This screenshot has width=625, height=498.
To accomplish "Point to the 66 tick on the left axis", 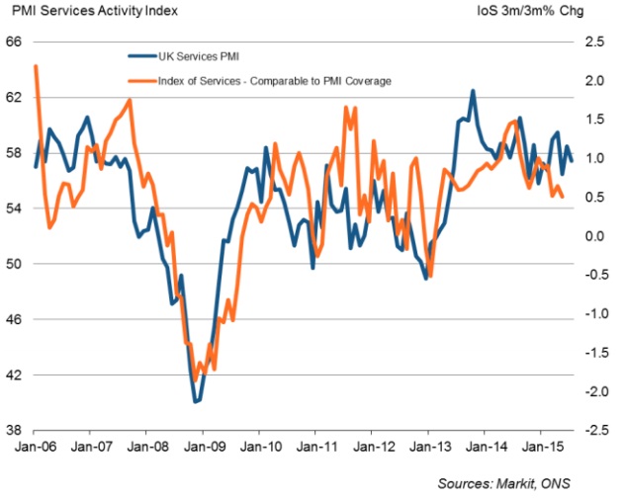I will [x=14, y=42].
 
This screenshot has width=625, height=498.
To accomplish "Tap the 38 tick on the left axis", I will [x=14, y=431].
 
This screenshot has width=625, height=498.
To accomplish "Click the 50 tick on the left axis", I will [x=14, y=265].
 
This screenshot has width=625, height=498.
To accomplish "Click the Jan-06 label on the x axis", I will [x=35, y=447].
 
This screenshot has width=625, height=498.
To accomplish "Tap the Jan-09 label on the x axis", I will [x=203, y=447].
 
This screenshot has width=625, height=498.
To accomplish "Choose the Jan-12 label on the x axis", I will [x=372, y=447].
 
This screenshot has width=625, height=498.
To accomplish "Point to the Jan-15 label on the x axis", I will [x=541, y=447].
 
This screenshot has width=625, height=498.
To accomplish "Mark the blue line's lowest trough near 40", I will [x=196, y=401].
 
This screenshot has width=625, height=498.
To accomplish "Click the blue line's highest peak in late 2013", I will [x=473, y=91].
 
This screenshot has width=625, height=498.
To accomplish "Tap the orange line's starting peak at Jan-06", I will [x=36, y=66].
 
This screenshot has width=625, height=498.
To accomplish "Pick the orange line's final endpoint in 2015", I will [x=563, y=197].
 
